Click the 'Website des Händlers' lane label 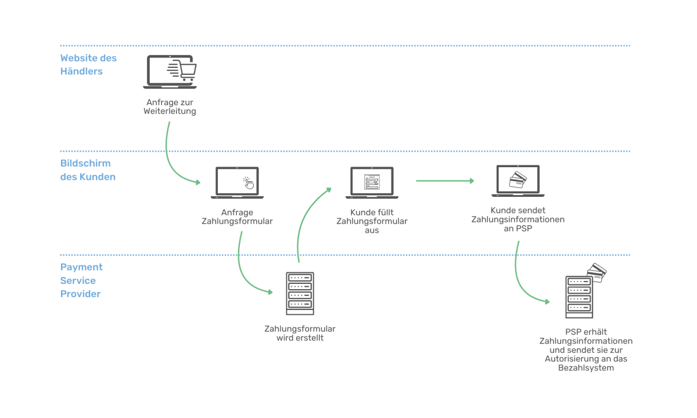88,64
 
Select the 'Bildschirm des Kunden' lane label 88,170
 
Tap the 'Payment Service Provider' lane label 81,280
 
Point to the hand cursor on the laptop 249,183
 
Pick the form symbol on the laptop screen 372,182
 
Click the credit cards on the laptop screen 518,180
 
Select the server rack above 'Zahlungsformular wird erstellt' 300,293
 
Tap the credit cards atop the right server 597,272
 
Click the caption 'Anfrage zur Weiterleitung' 170,107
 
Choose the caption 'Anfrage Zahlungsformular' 237,217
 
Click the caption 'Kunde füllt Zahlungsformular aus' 372,221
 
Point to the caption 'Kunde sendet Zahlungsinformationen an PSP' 518,219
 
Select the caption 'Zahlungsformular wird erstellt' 300,333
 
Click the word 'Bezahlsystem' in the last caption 586,368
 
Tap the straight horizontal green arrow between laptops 445,181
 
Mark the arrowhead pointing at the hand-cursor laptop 198,182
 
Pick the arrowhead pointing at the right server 547,301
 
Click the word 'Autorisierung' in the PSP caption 565,359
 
